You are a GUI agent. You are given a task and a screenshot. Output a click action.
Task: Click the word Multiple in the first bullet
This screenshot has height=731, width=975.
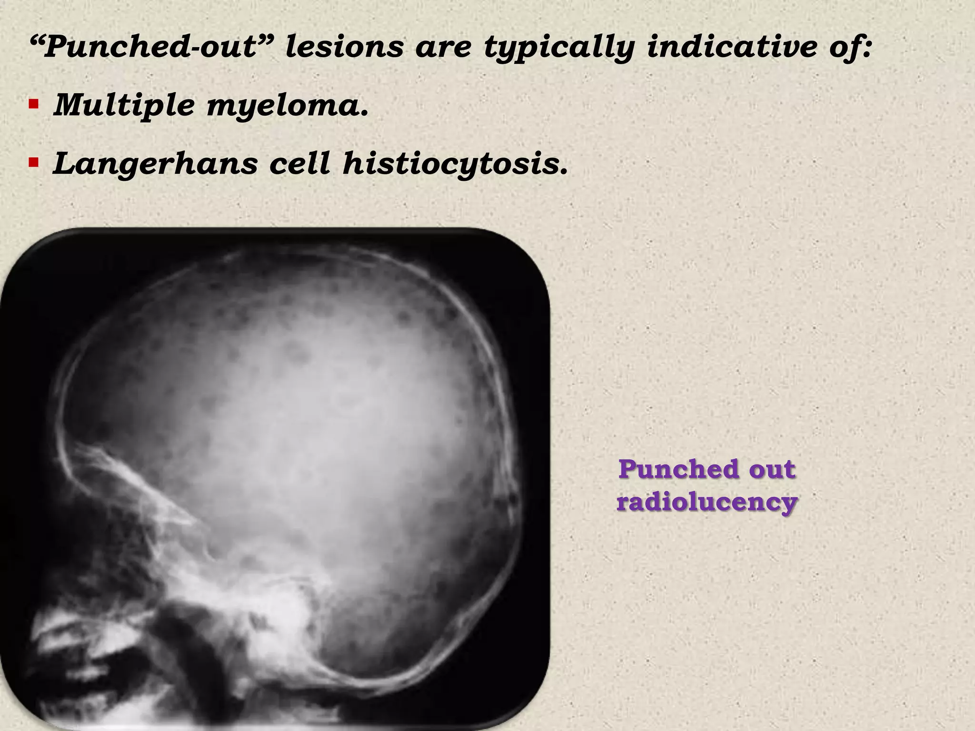(124, 105)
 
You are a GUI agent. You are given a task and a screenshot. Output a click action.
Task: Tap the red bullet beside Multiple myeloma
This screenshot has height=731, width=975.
(33, 104)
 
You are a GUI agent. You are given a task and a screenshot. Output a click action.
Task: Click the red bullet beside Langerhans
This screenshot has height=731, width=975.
(33, 163)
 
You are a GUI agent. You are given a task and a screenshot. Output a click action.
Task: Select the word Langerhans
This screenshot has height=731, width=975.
(155, 164)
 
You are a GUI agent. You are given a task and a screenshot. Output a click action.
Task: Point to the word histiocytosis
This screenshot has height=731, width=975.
(455, 164)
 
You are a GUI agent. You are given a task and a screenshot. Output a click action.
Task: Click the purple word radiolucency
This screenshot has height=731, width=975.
(707, 502)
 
